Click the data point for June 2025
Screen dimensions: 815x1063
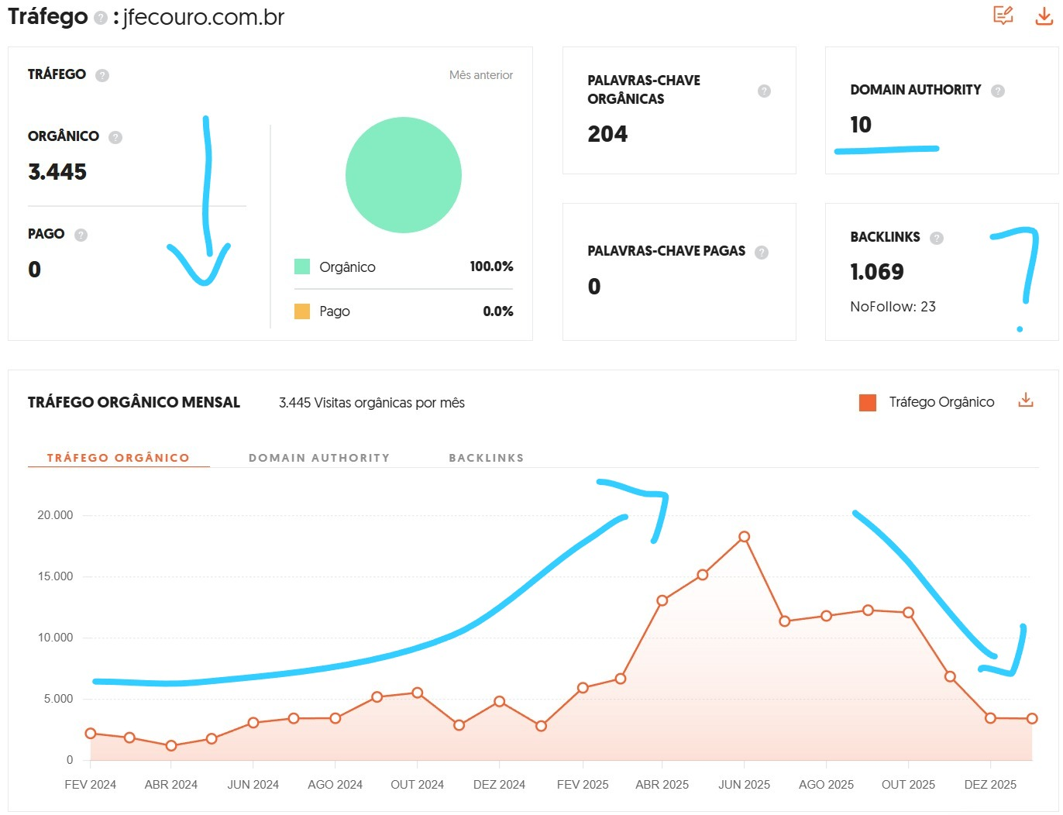pyautogui.click(x=744, y=536)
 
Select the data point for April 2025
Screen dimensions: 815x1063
pyautogui.click(x=662, y=600)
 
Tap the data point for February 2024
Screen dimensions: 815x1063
pyautogui.click(x=91, y=733)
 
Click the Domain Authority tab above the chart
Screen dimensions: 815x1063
pyautogui.click(x=319, y=458)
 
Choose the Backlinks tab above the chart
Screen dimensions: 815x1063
pyautogui.click(x=487, y=458)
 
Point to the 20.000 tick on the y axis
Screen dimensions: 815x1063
pyautogui.click(x=55, y=515)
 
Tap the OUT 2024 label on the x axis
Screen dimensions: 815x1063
pyautogui.click(x=417, y=785)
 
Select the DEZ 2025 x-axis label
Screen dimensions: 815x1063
pyautogui.click(x=990, y=785)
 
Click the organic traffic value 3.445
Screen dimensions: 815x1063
pyautogui.click(x=57, y=172)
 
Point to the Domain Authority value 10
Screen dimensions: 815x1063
pyautogui.click(x=861, y=125)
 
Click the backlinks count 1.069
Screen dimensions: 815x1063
pyautogui.click(x=877, y=272)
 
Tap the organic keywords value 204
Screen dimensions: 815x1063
pyautogui.click(x=607, y=135)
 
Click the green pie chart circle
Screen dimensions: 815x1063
pyautogui.click(x=404, y=175)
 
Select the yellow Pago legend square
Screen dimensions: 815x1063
pyautogui.click(x=302, y=311)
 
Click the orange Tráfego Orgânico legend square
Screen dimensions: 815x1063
pyautogui.click(x=868, y=402)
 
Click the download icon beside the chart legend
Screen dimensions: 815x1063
pyautogui.click(x=1026, y=401)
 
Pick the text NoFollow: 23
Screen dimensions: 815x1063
pyautogui.click(x=893, y=307)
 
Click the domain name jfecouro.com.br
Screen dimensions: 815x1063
pyautogui.click(x=204, y=17)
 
